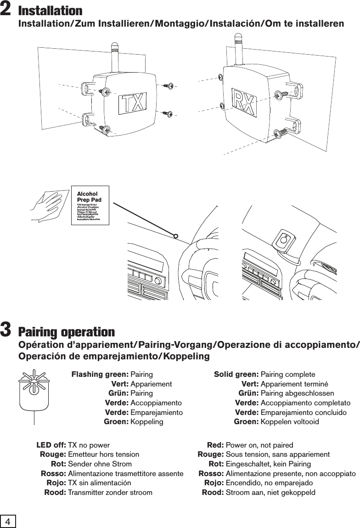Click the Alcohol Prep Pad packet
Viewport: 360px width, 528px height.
(x=90, y=205)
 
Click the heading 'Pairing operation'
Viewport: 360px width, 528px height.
(x=67, y=332)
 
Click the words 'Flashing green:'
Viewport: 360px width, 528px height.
(x=100, y=374)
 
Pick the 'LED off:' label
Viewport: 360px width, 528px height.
(x=51, y=445)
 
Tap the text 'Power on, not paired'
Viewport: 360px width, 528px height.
(x=259, y=445)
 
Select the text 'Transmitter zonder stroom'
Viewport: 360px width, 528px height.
(x=110, y=493)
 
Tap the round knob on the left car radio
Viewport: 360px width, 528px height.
(x=158, y=281)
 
